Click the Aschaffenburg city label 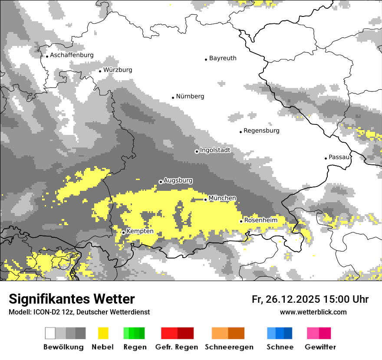point(72,55)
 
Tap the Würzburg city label point(118,70)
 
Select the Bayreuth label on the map point(223,58)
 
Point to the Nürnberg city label point(190,96)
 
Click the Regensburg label point(261,131)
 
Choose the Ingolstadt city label point(215,150)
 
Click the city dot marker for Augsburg point(161,182)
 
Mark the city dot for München point(206,200)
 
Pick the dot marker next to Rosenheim point(241,221)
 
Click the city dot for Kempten point(124,232)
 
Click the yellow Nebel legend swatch point(103,333)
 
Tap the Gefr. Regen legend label point(177,347)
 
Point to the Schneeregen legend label point(229,347)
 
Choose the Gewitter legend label point(320,347)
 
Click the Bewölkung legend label point(63,347)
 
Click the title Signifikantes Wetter point(72,299)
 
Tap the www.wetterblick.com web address point(313,312)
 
